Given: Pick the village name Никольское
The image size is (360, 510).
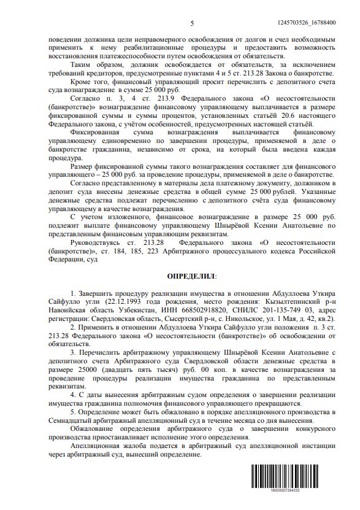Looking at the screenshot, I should tap(239, 320).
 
